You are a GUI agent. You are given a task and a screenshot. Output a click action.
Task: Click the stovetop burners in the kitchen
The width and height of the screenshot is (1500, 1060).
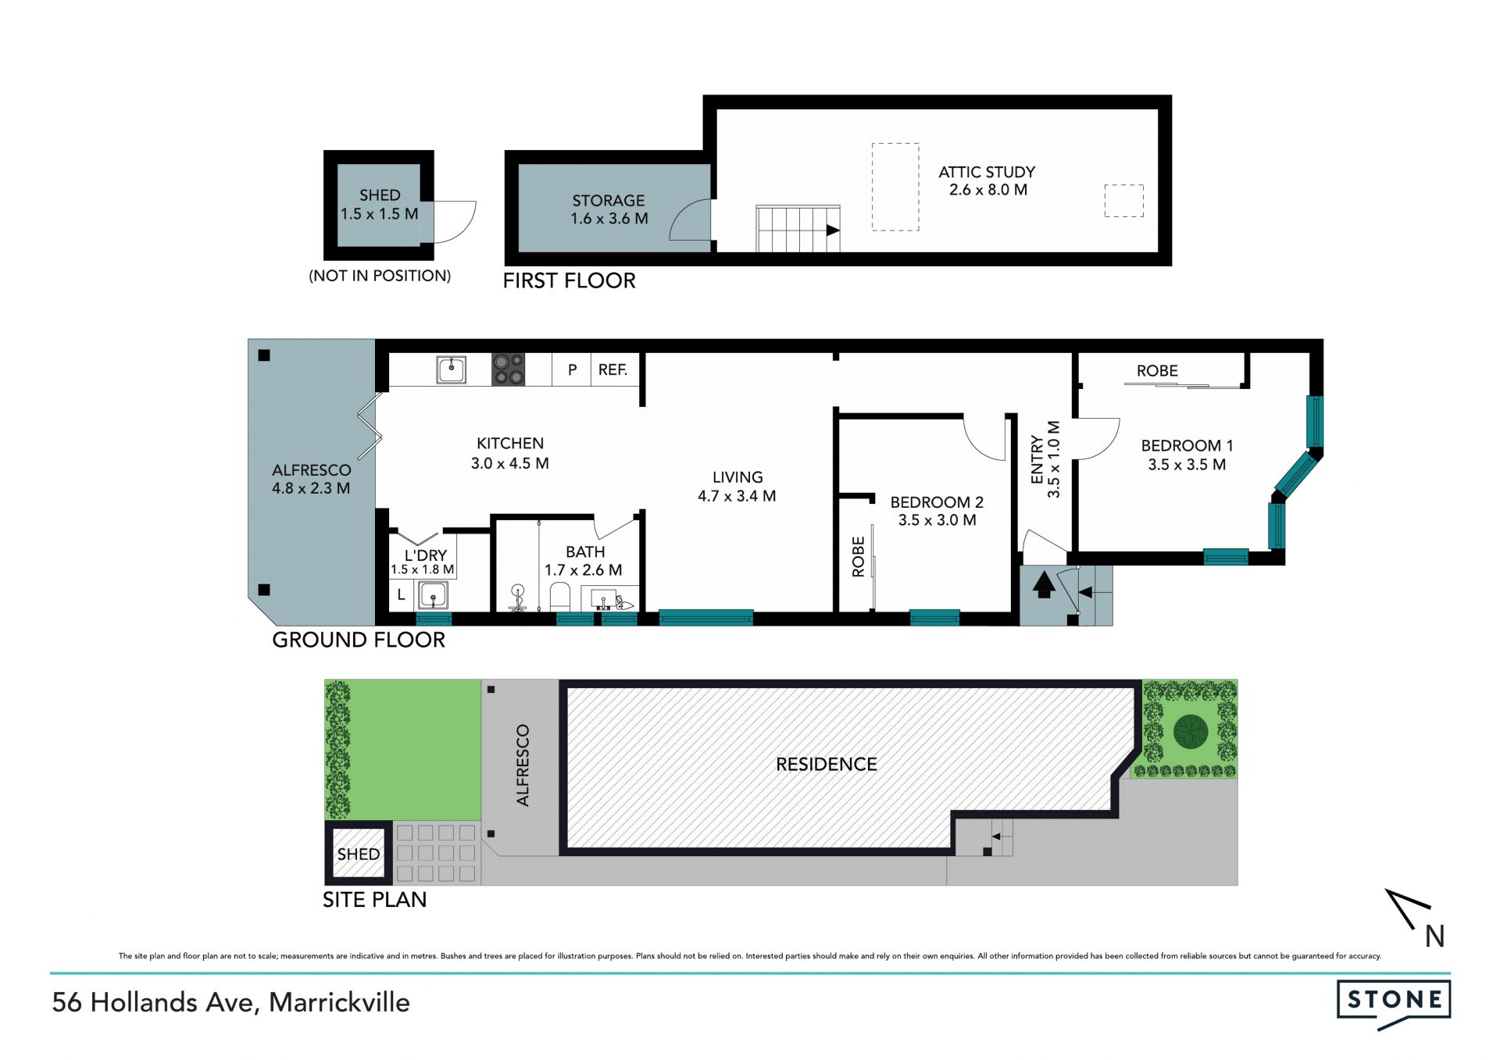pos(508,369)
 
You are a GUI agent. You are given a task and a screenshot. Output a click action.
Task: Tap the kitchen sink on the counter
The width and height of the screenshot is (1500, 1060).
pos(451,369)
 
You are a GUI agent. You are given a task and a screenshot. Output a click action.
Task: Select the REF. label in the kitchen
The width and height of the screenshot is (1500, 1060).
pos(612,369)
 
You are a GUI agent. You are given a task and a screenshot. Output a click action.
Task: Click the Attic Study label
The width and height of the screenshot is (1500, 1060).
pos(987,172)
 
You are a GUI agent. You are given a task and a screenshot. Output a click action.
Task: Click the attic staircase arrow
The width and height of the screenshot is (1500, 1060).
pos(833,230)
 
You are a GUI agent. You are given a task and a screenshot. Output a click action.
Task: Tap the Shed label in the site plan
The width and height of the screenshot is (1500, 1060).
pos(359,854)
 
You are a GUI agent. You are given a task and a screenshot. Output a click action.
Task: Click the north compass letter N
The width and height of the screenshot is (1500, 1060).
pos(1434,937)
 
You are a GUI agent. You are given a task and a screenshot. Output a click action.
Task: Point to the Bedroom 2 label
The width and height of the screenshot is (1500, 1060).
pos(937,502)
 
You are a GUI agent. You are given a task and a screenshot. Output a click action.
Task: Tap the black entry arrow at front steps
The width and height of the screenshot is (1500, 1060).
pos(1044,586)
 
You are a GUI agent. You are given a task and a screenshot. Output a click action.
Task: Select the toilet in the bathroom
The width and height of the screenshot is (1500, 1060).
pos(560,598)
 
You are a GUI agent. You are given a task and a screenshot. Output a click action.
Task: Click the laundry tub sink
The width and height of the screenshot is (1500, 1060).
pos(433,596)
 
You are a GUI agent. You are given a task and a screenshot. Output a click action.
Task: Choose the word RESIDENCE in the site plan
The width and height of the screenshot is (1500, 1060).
pos(826,764)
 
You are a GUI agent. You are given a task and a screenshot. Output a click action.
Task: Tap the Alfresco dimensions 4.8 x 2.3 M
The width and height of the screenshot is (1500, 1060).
pos(311,488)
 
